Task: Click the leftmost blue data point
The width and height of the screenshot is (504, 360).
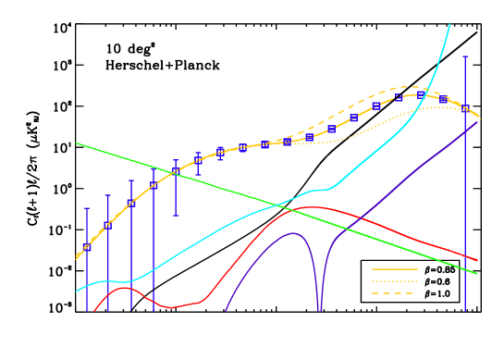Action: click(87, 247)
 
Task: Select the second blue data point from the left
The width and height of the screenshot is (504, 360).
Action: click(108, 225)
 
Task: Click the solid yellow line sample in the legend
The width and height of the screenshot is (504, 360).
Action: click(395, 269)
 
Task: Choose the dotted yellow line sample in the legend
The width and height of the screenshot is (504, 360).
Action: click(395, 281)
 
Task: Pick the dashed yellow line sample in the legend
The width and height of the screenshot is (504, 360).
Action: click(395, 293)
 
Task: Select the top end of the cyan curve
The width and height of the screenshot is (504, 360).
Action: click(449, 25)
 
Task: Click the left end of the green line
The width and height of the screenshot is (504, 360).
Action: click(78, 143)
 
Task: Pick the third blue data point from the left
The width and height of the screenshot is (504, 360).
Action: click(131, 203)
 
